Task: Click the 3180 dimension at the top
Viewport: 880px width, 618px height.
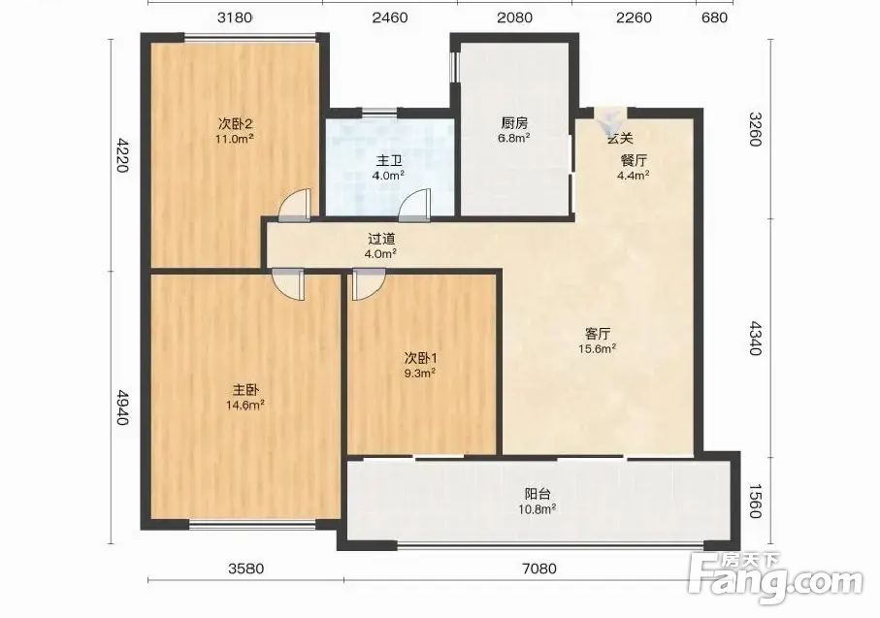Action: [x=235, y=17]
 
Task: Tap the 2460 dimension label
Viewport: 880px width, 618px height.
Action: [x=390, y=17]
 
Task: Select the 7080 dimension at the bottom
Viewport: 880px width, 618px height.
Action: [x=539, y=569]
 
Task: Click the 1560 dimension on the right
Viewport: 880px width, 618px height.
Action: [x=756, y=501]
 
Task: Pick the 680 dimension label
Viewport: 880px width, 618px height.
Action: [x=714, y=17]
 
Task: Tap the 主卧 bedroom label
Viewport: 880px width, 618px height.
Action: [x=245, y=390]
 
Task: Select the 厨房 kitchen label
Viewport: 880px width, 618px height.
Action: [x=514, y=122]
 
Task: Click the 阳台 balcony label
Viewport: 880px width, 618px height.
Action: [x=538, y=494]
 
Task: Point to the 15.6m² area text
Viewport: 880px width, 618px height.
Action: [x=598, y=349]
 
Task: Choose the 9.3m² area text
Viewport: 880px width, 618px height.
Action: [x=421, y=373]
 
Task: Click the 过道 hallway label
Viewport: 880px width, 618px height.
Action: [x=381, y=239]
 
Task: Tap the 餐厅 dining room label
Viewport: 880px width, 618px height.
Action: [x=634, y=160]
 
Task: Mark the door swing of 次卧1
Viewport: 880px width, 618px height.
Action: [x=368, y=285]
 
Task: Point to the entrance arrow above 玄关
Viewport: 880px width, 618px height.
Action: [x=611, y=120]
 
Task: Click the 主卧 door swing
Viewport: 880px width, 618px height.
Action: [x=288, y=285]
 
